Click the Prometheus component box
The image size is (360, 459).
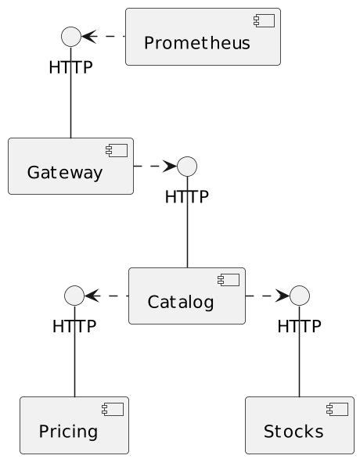pyautogui.click(x=203, y=37)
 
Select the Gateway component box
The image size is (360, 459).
pyautogui.click(x=70, y=166)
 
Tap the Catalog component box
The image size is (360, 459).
pyautogui.click(x=186, y=296)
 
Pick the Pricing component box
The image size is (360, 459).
pyautogui.click(x=74, y=425)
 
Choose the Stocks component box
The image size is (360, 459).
pyautogui.click(x=300, y=425)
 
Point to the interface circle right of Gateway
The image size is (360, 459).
pyautogui.click(x=187, y=166)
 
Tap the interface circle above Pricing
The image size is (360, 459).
pyautogui.click(x=74, y=296)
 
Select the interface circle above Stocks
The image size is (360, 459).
pyautogui.click(x=300, y=296)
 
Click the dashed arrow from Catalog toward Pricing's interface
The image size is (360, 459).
pyautogui.click(x=106, y=296)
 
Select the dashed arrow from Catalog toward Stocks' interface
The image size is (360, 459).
pyautogui.click(x=267, y=296)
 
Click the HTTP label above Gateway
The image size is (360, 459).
pyautogui.click(x=71, y=67)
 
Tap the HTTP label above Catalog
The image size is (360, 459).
pyautogui.click(x=187, y=196)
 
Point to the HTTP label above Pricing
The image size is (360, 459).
pyautogui.click(x=74, y=326)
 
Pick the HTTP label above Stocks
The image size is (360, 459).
pyautogui.click(x=300, y=326)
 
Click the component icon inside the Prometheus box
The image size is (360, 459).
pyautogui.click(x=268, y=20)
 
